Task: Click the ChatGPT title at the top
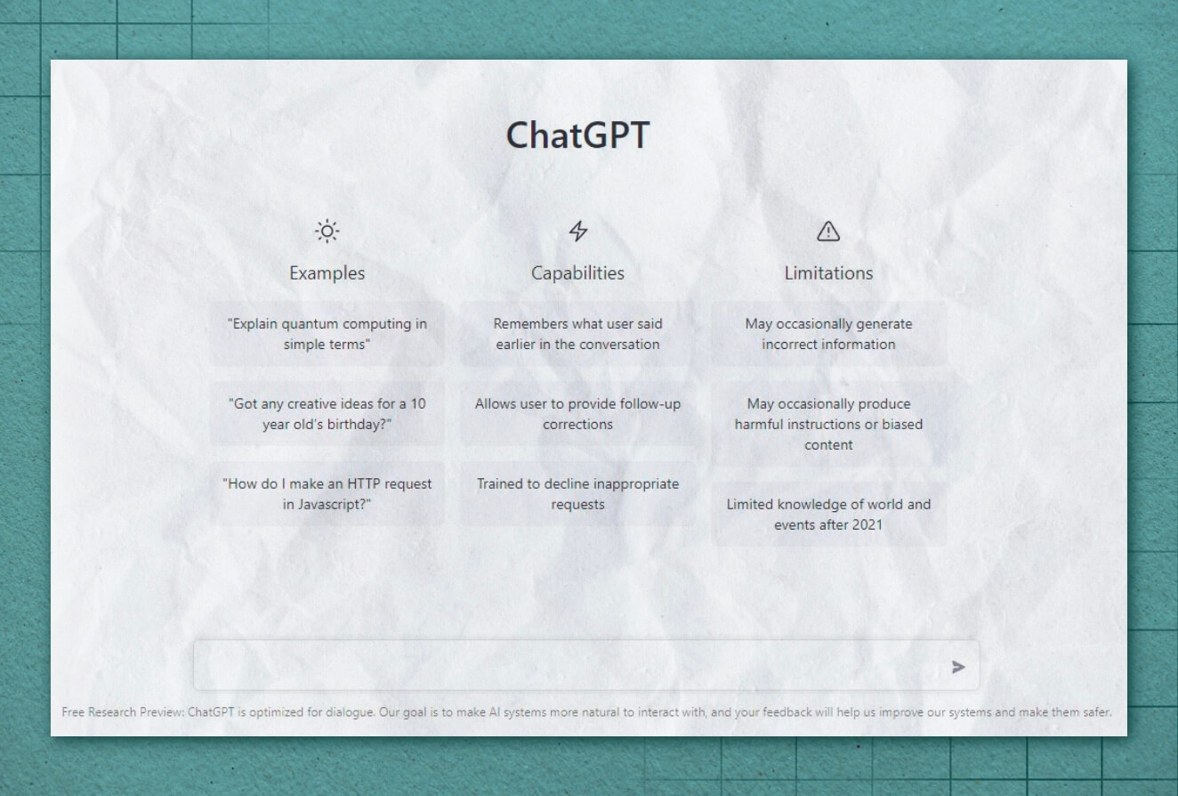(577, 135)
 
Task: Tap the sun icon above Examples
(327, 231)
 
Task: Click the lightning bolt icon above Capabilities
(578, 231)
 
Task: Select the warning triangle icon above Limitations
(828, 231)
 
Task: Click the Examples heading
(327, 273)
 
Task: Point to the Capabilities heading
(577, 273)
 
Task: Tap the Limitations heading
(828, 273)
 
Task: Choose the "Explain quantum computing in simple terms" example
(327, 334)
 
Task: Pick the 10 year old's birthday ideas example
(327, 414)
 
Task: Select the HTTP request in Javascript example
(327, 494)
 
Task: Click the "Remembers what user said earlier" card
(578, 334)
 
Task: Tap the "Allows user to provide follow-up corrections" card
(578, 414)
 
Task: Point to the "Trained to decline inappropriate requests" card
(578, 494)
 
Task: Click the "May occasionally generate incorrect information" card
(829, 334)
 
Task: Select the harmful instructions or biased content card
(829, 424)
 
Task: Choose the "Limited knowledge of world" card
(829, 514)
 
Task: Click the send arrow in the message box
(958, 667)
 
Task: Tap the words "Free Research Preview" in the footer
(122, 712)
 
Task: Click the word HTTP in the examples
(364, 484)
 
